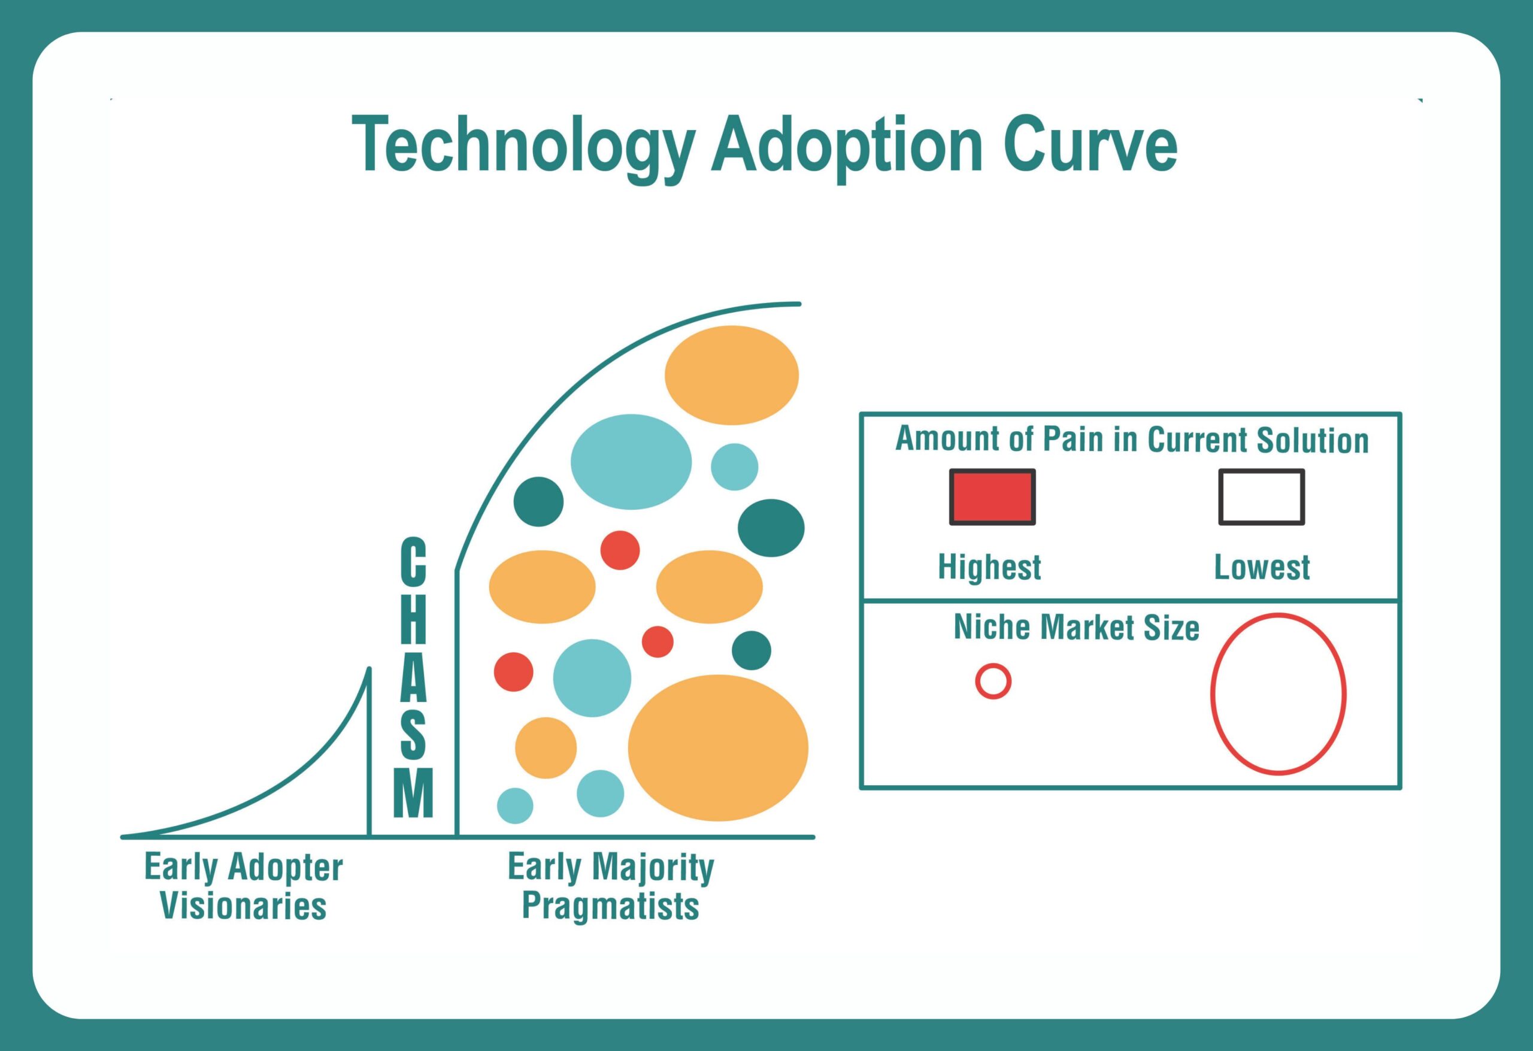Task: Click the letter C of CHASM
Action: click(x=413, y=560)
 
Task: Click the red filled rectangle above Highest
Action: click(x=992, y=497)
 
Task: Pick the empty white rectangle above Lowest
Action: click(x=1261, y=497)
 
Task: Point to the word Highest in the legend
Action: click(x=989, y=567)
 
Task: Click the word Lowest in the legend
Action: click(x=1262, y=567)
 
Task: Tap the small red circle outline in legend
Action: click(x=993, y=681)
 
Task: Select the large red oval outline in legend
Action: click(x=1278, y=693)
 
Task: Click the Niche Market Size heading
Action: click(x=1077, y=627)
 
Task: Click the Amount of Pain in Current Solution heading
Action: click(x=1132, y=440)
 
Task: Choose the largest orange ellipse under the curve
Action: click(x=717, y=747)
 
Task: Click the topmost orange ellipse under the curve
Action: click(x=732, y=375)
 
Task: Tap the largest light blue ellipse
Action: click(x=631, y=462)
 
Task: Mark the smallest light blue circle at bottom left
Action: click(x=514, y=805)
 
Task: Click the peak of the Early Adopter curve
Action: click(x=369, y=670)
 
